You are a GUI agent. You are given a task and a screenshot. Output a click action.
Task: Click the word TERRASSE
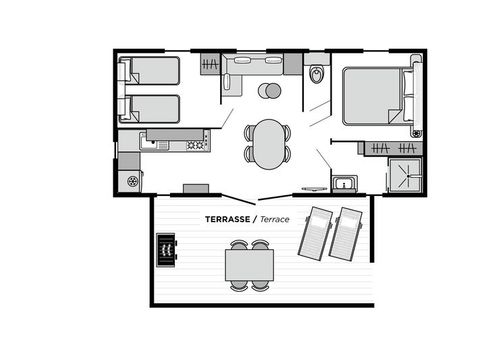227,218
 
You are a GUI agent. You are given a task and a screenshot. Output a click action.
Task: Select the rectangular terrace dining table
249,265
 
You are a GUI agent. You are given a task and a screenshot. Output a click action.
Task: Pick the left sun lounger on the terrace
319,232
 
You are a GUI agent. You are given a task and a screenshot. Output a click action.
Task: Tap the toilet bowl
318,74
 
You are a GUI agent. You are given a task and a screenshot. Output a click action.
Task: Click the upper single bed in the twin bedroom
150,71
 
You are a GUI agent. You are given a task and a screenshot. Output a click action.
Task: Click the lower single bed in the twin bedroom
150,108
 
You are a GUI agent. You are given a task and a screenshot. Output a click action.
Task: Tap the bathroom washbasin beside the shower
346,182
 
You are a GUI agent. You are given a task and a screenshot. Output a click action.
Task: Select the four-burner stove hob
196,145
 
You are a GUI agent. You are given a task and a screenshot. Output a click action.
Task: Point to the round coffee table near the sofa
269,92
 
